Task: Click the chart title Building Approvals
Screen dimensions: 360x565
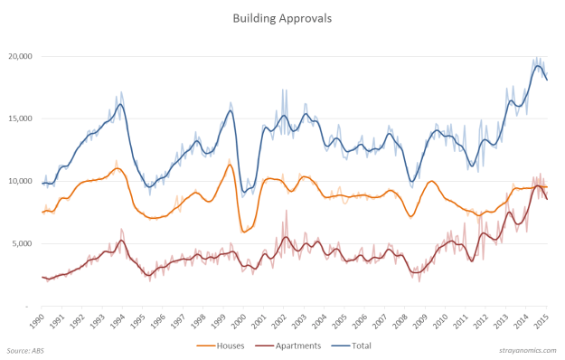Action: (282, 17)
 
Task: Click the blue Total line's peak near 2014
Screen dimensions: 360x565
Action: (537, 65)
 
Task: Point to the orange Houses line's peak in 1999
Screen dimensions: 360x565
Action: (231, 164)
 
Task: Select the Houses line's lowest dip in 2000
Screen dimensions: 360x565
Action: (244, 232)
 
